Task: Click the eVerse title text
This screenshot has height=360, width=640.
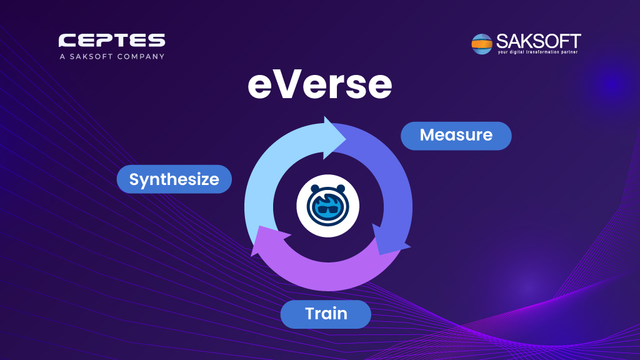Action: (x=319, y=84)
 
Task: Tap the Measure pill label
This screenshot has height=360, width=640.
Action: (x=456, y=136)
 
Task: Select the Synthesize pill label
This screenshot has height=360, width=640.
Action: (x=174, y=179)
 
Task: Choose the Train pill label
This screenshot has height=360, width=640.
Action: (x=326, y=314)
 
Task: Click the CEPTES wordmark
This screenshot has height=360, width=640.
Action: (x=112, y=41)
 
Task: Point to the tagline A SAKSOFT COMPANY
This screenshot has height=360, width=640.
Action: (x=112, y=56)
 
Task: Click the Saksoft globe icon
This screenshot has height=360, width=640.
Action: (x=482, y=44)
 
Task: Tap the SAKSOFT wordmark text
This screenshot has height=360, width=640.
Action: (x=538, y=41)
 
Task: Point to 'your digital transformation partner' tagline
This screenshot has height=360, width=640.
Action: (x=537, y=52)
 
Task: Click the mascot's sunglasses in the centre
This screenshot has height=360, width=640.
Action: (x=327, y=210)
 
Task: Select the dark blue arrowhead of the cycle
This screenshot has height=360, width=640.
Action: (x=389, y=240)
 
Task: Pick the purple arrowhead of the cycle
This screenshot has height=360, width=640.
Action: (x=269, y=241)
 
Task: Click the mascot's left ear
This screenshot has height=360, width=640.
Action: (x=315, y=189)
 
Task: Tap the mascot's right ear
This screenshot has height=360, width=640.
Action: (x=341, y=189)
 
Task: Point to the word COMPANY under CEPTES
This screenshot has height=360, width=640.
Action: (x=141, y=56)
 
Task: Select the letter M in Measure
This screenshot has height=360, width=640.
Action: (x=428, y=135)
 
